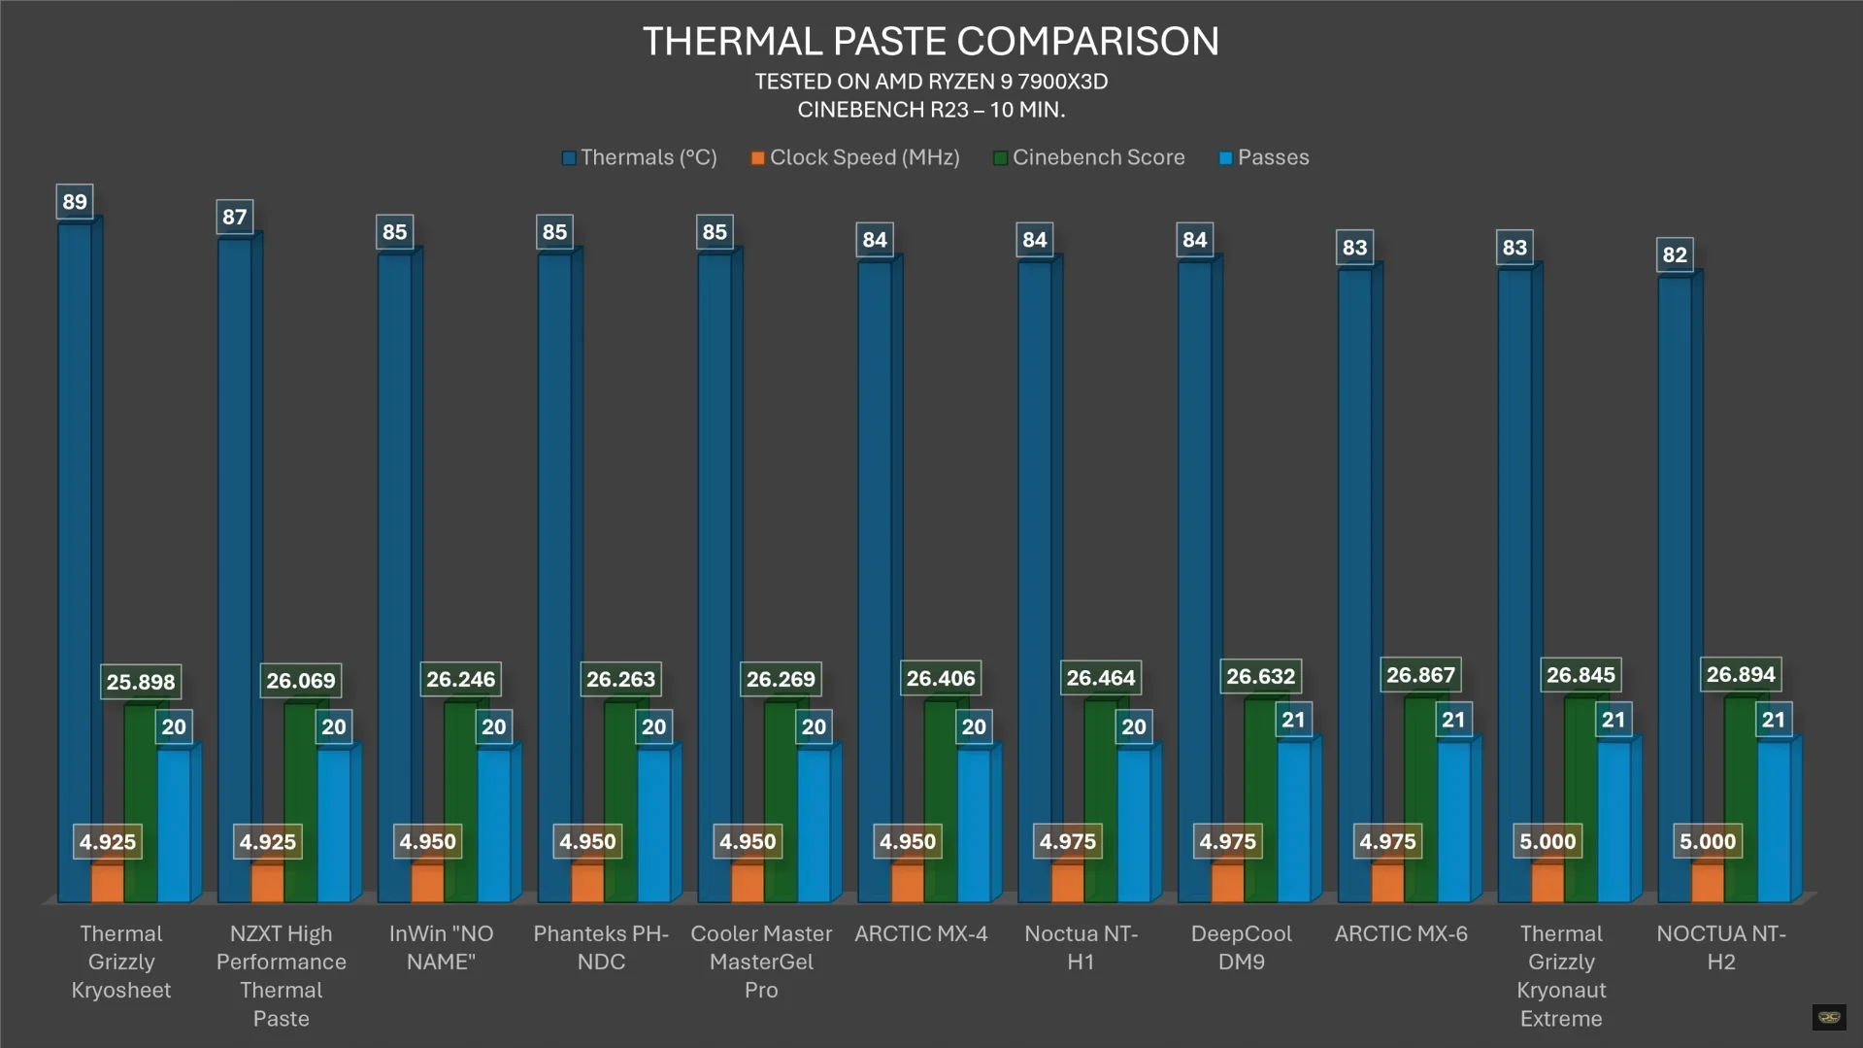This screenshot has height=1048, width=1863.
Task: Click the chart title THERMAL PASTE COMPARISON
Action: [930, 42]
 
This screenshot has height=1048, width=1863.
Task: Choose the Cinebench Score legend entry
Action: [1088, 157]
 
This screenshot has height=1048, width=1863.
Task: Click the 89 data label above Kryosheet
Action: [75, 202]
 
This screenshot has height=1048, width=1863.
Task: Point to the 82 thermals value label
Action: [1674, 254]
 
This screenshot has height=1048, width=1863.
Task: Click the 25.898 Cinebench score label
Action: [141, 682]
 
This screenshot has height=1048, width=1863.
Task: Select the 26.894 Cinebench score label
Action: [1740, 674]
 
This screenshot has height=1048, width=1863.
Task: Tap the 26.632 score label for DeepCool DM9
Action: [1260, 676]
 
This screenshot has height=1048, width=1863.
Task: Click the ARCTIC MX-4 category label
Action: [920, 933]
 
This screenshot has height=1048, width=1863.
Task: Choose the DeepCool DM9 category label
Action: [1241, 947]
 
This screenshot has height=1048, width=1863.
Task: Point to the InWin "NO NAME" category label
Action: [441, 947]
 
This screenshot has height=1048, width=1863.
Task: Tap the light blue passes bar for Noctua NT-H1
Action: [1133, 826]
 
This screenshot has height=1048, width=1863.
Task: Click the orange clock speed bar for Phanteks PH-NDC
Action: [586, 882]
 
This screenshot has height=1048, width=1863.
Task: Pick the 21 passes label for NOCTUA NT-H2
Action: [1773, 720]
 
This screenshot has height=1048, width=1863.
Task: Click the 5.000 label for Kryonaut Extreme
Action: [1547, 841]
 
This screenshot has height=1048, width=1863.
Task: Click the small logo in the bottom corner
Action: [1829, 1017]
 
